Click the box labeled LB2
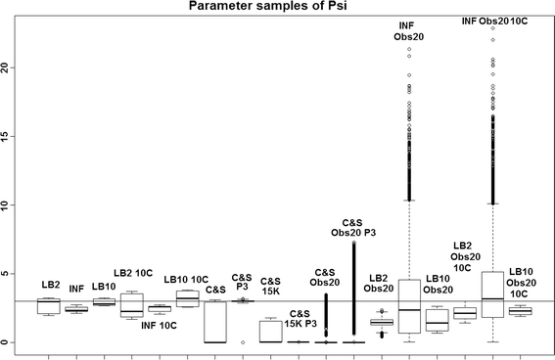pyautogui.click(x=48, y=306)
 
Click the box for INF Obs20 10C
pyautogui.click(x=493, y=294)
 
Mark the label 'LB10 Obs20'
pyautogui.click(x=438, y=284)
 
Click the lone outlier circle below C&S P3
pyautogui.click(x=243, y=342)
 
